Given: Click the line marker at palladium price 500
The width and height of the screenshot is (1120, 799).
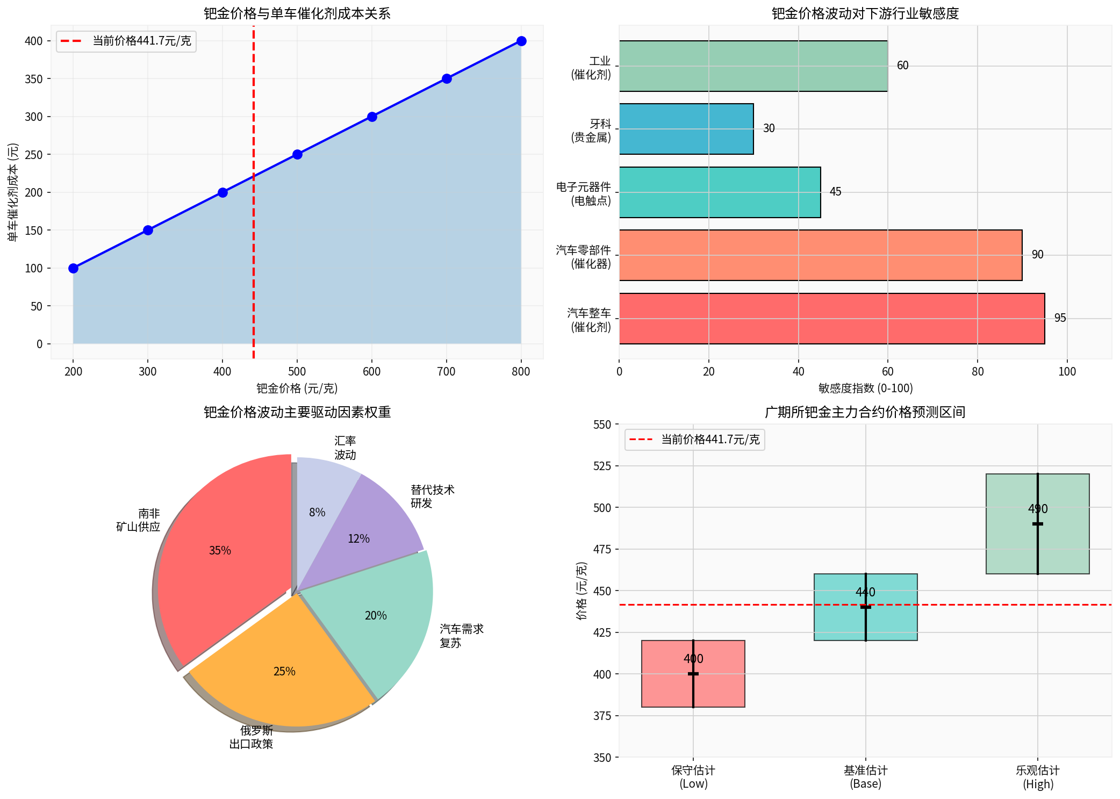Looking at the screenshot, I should pos(297,155).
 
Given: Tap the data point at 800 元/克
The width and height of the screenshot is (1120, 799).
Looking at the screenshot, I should pos(521,41).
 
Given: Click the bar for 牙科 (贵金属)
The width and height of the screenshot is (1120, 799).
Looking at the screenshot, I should pos(686,129).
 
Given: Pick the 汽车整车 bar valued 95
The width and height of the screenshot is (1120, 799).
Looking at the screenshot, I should pos(831,319).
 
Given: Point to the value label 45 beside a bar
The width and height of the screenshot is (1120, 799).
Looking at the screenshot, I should pos(835,192).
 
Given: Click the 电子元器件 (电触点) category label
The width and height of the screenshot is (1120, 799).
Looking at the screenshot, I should pos(584,194).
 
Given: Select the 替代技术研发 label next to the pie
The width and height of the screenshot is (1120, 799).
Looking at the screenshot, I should pos(432,496).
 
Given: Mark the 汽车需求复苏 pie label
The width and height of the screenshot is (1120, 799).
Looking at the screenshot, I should pos(461,636).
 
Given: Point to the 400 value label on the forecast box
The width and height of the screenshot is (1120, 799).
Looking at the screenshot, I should pos(693,659).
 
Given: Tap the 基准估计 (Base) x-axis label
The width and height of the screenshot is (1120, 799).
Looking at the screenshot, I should pos(865,777).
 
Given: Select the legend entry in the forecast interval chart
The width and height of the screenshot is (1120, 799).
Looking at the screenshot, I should pos(694,440).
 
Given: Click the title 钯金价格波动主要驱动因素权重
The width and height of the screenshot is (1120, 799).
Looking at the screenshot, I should pos(297,412).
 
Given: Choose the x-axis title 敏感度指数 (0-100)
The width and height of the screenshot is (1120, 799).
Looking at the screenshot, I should pos(865,388).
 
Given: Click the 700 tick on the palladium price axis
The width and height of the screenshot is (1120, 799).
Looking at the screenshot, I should pos(446,371).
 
